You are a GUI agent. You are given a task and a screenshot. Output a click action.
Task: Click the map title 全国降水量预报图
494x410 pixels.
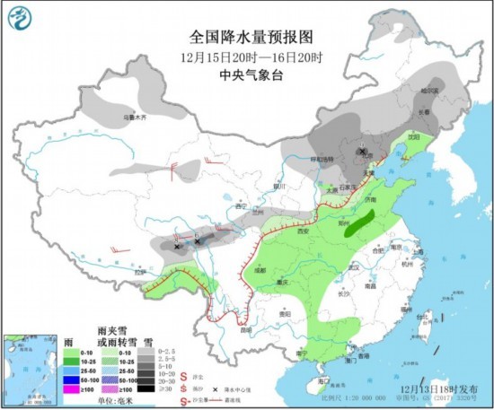(251, 38)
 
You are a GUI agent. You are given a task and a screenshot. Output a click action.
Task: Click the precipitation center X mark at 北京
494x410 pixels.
(363, 152)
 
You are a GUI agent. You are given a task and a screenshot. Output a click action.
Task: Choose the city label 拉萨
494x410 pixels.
(139, 272)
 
